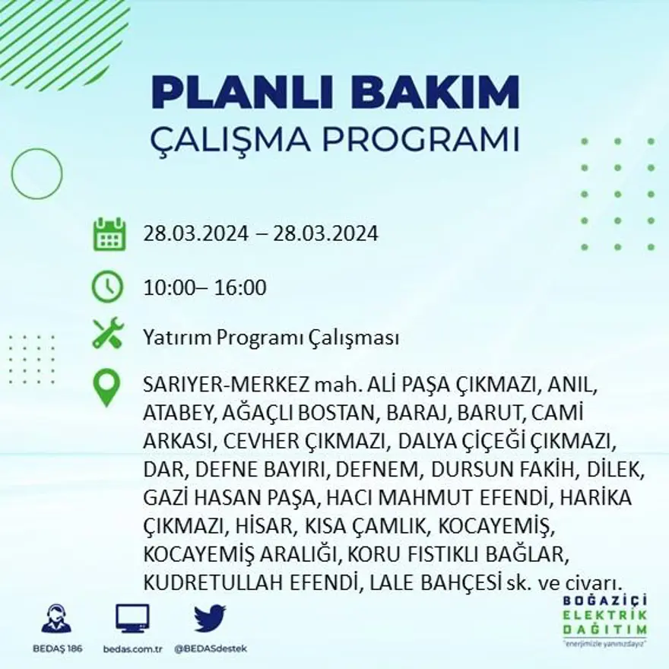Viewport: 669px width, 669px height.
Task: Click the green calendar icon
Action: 109,234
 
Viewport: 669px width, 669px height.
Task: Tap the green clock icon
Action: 107,287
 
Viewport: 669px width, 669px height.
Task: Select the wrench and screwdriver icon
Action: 107,334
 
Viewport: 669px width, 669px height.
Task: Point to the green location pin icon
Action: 106,387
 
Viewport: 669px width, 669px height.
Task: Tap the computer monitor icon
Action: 132,618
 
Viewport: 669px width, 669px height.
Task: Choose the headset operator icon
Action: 56,618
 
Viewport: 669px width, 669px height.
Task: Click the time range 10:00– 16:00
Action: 205,288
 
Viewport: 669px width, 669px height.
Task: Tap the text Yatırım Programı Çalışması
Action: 271,338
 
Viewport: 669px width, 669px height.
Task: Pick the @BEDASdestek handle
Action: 211,648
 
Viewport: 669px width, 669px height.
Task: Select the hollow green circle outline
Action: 36,173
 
